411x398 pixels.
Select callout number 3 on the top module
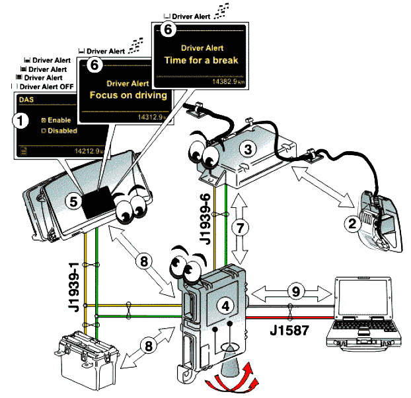coord(249,150)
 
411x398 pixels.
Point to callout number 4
coord(225,305)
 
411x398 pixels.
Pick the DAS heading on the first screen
coord(26,100)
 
